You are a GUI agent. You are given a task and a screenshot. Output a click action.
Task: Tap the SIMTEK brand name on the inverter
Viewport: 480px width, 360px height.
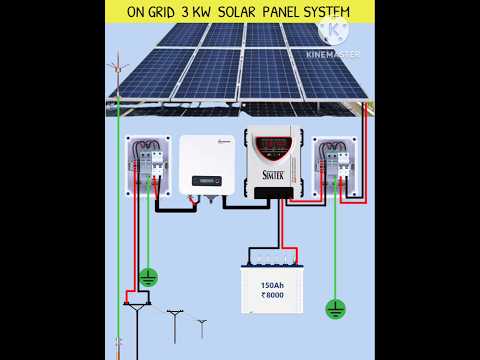272,175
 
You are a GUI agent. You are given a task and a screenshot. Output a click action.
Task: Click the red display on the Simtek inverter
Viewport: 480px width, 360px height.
274,147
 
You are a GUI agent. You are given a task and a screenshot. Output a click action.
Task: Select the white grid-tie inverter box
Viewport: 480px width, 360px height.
206,164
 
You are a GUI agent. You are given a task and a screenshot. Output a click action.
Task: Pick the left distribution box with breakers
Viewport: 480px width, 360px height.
147,163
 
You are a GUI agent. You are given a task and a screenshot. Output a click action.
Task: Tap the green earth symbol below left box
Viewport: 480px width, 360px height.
148,276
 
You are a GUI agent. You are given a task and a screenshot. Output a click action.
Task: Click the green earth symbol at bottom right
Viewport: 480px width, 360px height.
335,309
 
